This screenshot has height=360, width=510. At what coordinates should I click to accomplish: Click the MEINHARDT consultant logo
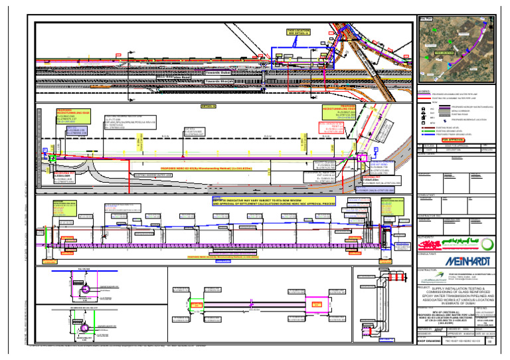pyautogui.click(x=464, y=260)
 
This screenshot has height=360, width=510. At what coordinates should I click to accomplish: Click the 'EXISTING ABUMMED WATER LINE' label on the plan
pyautogui.click(x=156, y=175)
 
